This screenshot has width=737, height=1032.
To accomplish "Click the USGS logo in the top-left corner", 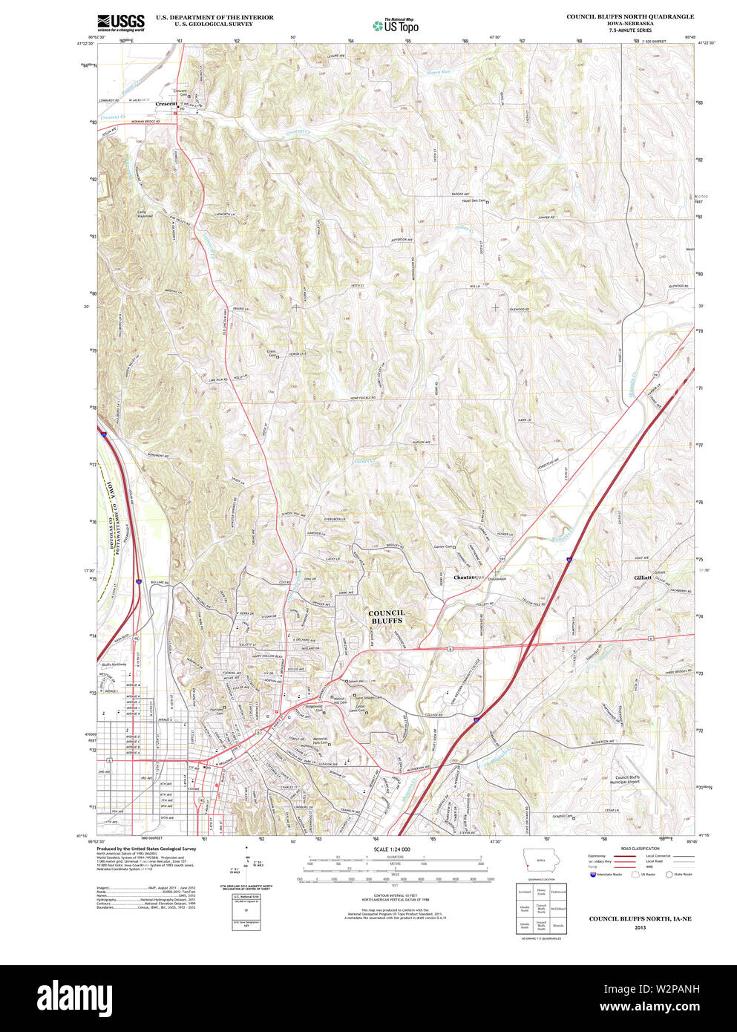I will click(x=120, y=22).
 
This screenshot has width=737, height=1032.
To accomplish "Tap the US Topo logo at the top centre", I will click(x=396, y=25).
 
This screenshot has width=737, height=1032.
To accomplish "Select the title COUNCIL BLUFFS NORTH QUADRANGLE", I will click(x=630, y=16).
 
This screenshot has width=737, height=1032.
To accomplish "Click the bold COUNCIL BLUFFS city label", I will click(x=387, y=616).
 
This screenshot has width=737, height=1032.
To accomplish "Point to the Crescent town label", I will click(x=166, y=103).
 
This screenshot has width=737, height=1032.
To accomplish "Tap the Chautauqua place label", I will click(x=467, y=577).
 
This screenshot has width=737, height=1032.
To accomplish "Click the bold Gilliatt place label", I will click(x=643, y=577).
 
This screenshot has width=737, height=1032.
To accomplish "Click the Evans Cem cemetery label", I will click(x=272, y=354).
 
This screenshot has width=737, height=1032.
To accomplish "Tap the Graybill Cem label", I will click(x=562, y=817).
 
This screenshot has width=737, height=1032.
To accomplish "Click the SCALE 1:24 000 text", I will click(x=391, y=849).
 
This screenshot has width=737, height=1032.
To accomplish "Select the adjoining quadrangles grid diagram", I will click(x=541, y=907).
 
